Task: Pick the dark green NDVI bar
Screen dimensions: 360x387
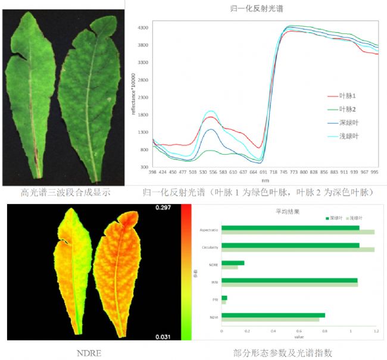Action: [x=273, y=315]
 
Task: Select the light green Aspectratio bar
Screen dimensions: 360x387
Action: [x=298, y=231]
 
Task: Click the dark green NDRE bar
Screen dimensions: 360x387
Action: [x=233, y=262]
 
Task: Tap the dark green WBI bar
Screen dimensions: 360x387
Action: [x=289, y=280]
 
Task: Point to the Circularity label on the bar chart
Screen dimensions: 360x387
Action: [x=208, y=247]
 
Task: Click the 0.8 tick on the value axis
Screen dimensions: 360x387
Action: [x=324, y=331]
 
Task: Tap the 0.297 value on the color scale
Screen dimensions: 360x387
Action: [x=164, y=208]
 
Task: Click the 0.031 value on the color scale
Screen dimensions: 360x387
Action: [x=164, y=337]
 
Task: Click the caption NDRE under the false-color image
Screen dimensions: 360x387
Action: [x=89, y=353]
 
